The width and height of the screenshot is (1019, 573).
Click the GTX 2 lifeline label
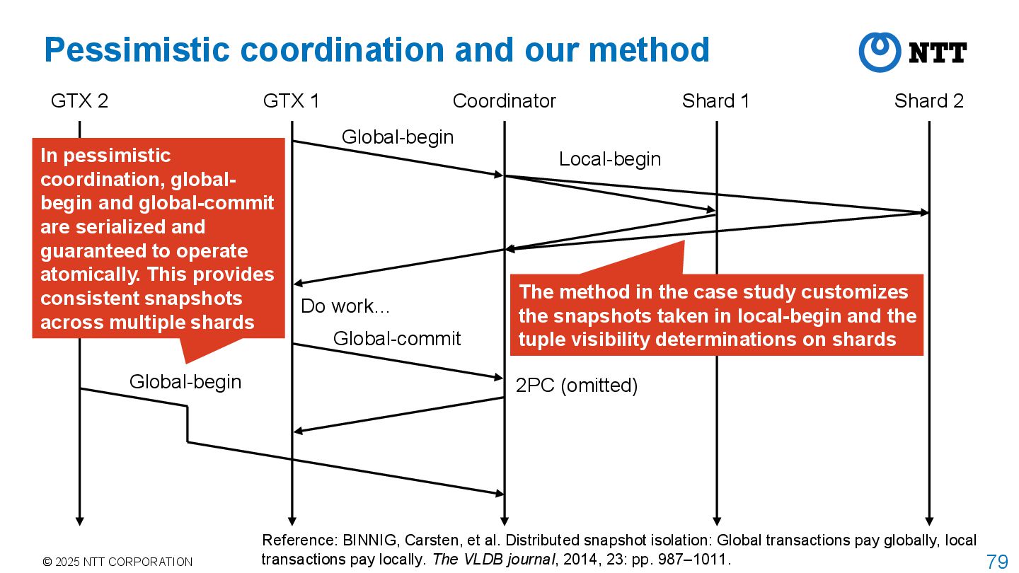pyautogui.click(x=79, y=101)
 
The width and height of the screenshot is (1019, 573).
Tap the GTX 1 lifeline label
pyautogui.click(x=291, y=101)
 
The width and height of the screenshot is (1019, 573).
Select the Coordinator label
pyautogui.click(x=504, y=101)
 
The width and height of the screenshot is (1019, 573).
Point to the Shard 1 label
pyautogui.click(x=715, y=101)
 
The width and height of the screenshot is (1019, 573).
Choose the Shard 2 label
pyautogui.click(x=928, y=101)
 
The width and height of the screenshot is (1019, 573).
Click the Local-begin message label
pyautogui.click(x=609, y=159)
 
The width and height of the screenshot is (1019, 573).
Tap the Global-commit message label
pyautogui.click(x=397, y=339)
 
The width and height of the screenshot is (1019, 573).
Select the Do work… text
pyautogui.click(x=345, y=306)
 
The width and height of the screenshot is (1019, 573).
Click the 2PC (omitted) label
pyautogui.click(x=576, y=386)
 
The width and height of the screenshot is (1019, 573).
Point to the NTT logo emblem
pyautogui.click(x=880, y=52)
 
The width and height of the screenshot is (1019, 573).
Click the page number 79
pyautogui.click(x=996, y=562)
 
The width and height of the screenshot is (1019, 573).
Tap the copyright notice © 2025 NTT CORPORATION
pyautogui.click(x=117, y=562)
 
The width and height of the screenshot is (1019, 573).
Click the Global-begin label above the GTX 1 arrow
pyautogui.click(x=397, y=137)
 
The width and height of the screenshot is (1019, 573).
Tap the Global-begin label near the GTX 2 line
pyautogui.click(x=185, y=382)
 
